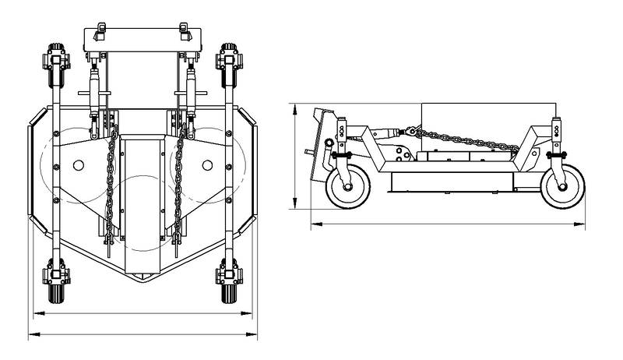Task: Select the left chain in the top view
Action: tap(111, 183)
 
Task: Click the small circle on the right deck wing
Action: tap(207, 164)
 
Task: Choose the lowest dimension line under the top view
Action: tap(143, 336)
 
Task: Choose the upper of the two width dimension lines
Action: tap(143, 314)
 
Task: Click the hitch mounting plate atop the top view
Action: tap(143, 37)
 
